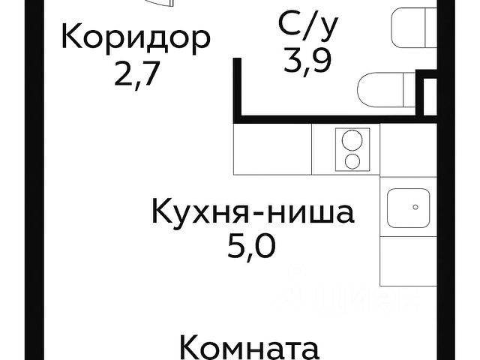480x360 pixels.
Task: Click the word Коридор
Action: point(134,37)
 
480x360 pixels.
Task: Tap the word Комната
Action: point(251,349)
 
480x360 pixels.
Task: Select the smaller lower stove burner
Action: point(349,160)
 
